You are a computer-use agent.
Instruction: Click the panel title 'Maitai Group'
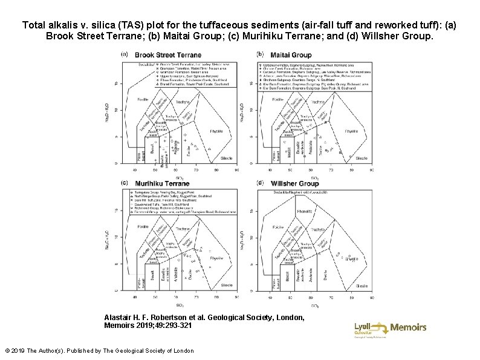pos(291,56)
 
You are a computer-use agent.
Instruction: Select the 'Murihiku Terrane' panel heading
pos(162,184)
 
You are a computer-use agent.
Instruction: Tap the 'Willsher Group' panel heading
pos(295,184)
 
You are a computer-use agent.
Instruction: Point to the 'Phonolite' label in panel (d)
pos(305,211)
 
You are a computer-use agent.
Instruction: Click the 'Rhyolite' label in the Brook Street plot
pos(216,131)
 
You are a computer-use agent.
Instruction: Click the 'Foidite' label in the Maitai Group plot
pos(277,99)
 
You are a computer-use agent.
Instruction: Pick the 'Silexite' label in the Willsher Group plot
pos(361,286)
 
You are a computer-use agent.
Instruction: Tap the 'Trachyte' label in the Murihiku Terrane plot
pos(182,230)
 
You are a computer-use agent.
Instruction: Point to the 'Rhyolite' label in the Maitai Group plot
pos(351,131)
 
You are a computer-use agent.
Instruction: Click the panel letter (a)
pos(125,54)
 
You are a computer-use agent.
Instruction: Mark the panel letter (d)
pos(260,183)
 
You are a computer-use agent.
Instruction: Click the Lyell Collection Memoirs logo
pos(390,328)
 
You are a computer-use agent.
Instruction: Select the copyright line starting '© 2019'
pos(99,351)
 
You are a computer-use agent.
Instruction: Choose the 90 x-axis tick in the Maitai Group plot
pos(370,170)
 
